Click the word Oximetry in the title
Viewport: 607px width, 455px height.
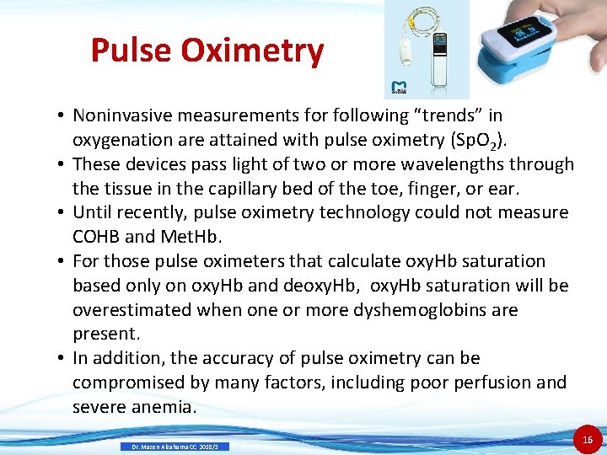point(252,51)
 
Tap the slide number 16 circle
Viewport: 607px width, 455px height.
point(588,438)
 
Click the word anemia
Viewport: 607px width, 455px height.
point(164,407)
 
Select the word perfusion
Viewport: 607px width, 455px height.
point(486,383)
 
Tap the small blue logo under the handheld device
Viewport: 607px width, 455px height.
point(399,88)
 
